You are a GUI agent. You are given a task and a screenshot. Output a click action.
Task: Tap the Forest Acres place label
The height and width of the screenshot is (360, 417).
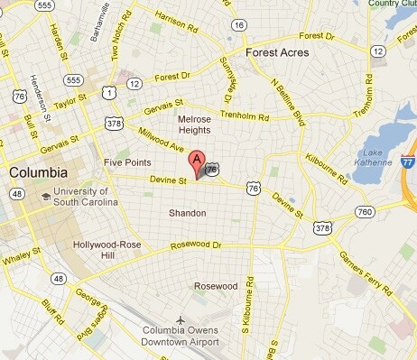pyautogui.click(x=276, y=52)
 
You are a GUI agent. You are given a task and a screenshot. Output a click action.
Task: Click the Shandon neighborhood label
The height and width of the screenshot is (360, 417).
pyautogui.click(x=188, y=213)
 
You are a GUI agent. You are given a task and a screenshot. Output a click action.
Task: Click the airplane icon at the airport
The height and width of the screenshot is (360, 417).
pyautogui.click(x=181, y=320)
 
